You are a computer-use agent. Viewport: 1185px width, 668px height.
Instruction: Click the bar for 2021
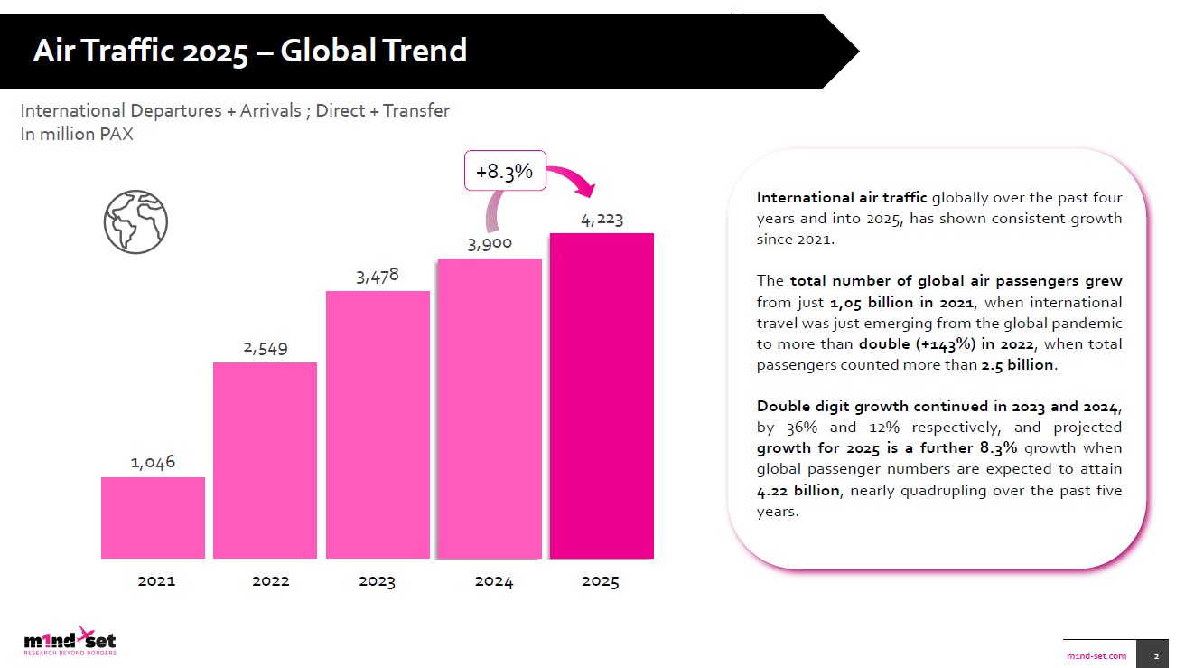(153, 517)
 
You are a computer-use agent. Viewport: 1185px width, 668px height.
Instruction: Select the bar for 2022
(265, 460)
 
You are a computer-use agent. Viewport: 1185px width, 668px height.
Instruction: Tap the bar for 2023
(378, 424)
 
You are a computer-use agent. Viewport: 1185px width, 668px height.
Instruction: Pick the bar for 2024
(490, 408)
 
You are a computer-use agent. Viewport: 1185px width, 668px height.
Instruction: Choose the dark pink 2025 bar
(602, 395)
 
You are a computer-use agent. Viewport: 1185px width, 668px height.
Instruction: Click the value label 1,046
(153, 462)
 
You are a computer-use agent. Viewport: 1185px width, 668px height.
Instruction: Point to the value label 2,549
(265, 347)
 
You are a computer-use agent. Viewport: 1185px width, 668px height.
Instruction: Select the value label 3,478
(378, 276)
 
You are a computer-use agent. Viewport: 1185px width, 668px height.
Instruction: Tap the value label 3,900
(490, 243)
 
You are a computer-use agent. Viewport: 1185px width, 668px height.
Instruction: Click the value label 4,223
(602, 219)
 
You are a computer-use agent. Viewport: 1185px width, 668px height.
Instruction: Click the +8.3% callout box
(505, 171)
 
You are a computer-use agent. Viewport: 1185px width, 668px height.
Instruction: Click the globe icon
(135, 221)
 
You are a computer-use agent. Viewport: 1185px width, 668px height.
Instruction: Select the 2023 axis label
(377, 581)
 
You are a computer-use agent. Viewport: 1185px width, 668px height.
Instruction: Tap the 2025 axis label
(601, 581)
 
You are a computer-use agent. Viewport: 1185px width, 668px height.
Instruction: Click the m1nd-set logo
(70, 640)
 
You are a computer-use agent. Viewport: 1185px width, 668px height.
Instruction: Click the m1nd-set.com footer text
(1096, 654)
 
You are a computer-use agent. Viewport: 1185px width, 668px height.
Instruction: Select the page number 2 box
(1155, 654)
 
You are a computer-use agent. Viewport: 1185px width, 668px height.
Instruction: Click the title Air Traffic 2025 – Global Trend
(250, 51)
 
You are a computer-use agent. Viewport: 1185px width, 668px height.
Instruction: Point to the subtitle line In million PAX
(77, 135)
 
